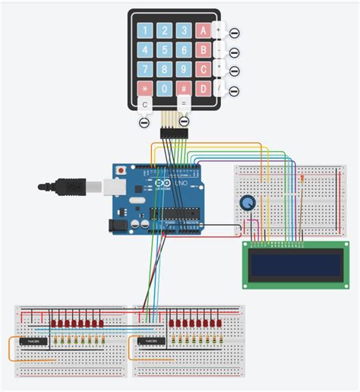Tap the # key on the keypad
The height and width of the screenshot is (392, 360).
[x=183, y=89]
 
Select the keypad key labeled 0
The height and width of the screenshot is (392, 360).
[x=164, y=89]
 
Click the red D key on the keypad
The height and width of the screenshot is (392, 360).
[x=203, y=89]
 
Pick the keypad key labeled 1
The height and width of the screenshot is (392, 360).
[x=145, y=31]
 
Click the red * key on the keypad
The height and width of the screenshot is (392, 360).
[x=145, y=89]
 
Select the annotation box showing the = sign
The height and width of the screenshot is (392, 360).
[x=183, y=103]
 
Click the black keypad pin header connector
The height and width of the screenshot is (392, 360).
[x=174, y=134]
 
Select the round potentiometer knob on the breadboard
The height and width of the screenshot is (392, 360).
[x=248, y=203]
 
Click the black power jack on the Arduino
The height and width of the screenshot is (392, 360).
[x=118, y=226]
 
